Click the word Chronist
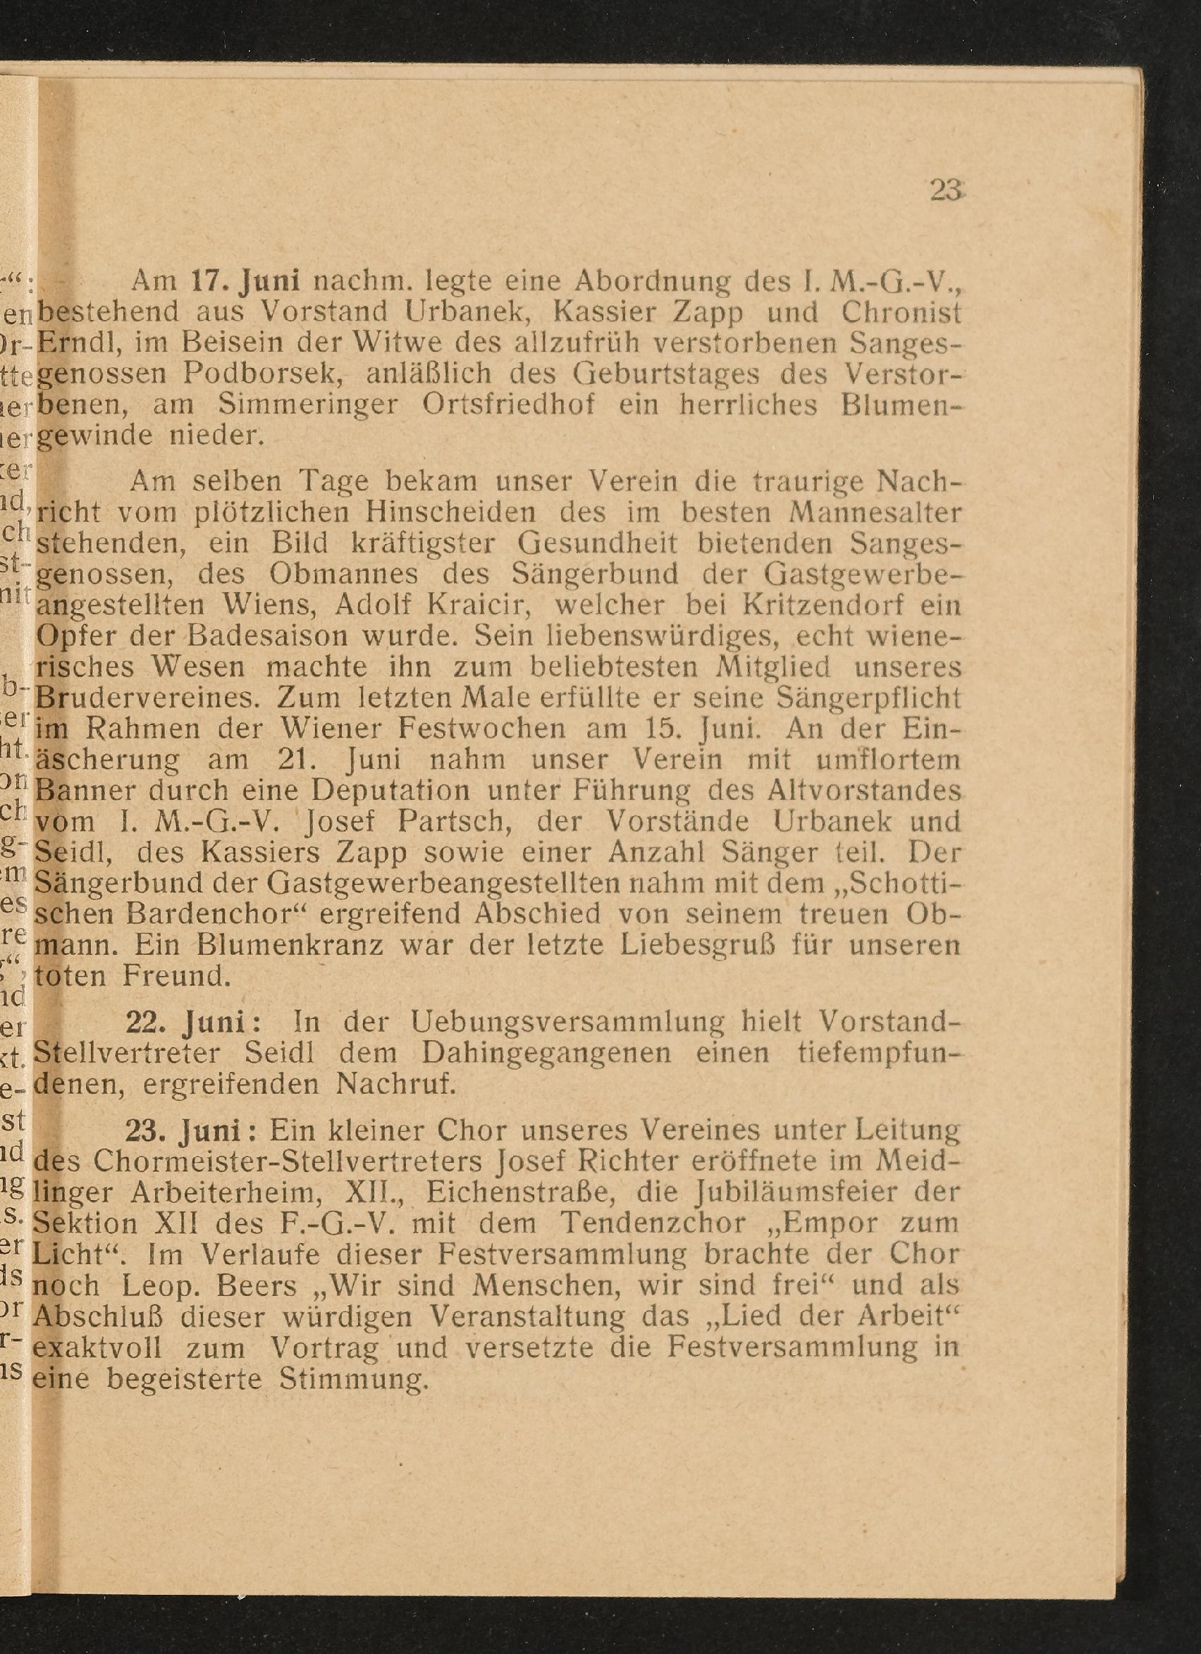point(901,312)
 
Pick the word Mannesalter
point(876,512)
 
